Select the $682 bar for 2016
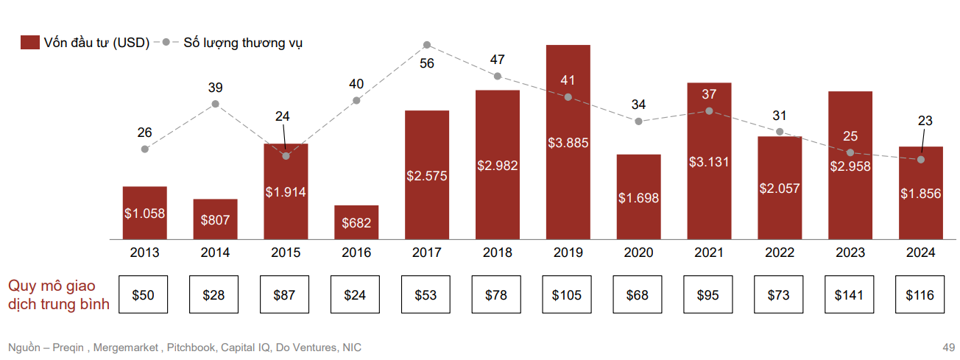pos(356,222)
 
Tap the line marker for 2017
pos(427,46)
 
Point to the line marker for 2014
pos(215,104)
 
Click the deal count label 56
pos(427,64)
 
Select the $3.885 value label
pos(568,144)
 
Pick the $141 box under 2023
pos(850,295)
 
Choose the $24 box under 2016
pos(356,295)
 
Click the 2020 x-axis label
pos(638,253)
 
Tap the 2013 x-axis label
pos(144,253)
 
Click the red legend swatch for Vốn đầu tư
pos(29,43)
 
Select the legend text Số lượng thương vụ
pos(242,43)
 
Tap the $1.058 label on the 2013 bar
pos(144,214)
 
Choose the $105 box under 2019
pos(567,295)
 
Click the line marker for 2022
pos(780,132)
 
